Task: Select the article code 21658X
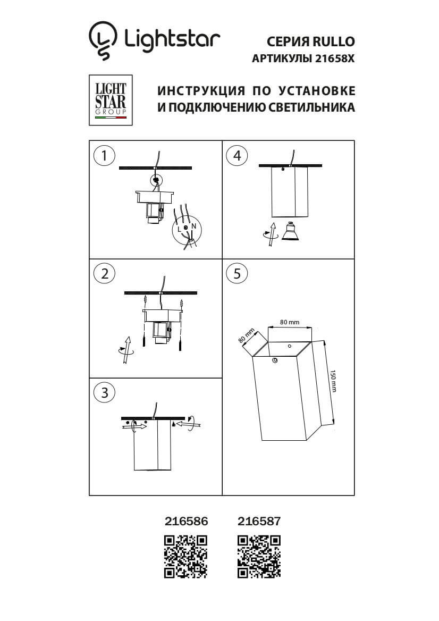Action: [x=334, y=60]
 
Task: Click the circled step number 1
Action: [x=104, y=155]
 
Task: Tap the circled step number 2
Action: [x=104, y=273]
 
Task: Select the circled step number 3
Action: [x=104, y=392]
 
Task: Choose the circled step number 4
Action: [x=237, y=155]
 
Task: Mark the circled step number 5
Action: [x=237, y=273]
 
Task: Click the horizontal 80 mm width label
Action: [x=290, y=322]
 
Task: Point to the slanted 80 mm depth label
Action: [x=246, y=334]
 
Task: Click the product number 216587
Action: [x=259, y=522]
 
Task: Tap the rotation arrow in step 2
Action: [x=126, y=349]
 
